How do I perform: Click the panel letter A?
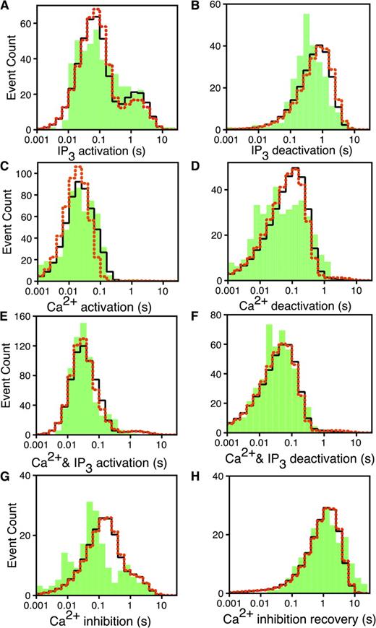coord(6,6)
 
